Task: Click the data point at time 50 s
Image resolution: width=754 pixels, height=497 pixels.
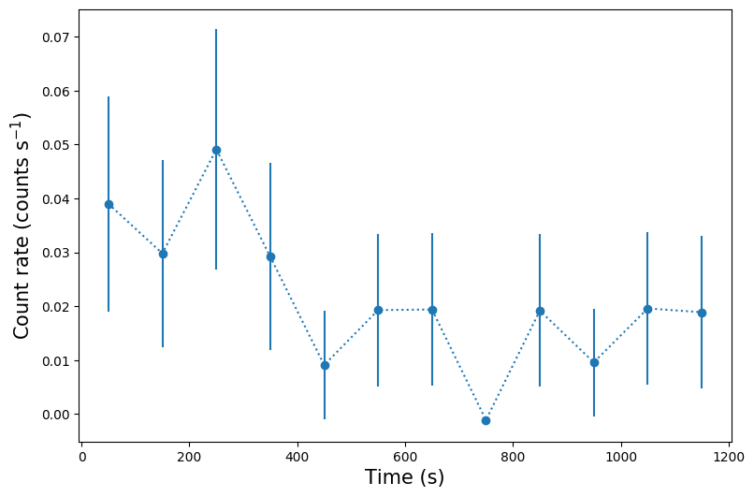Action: click(x=109, y=204)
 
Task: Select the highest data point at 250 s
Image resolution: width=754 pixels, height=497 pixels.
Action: click(x=216, y=150)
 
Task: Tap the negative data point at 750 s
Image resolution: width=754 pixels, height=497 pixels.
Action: click(x=486, y=420)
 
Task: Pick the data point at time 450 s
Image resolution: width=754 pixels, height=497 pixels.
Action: click(x=325, y=365)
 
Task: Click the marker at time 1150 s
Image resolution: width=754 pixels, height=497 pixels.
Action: click(x=702, y=313)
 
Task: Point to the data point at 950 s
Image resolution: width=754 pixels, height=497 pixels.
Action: click(x=594, y=362)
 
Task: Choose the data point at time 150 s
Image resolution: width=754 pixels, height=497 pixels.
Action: click(x=163, y=254)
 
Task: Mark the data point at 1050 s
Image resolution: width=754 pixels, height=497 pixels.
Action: click(x=647, y=309)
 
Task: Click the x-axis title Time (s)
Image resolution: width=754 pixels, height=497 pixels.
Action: click(x=404, y=477)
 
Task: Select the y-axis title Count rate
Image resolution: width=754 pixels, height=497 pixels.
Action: click(x=22, y=225)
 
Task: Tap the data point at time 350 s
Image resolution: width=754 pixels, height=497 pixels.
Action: click(x=270, y=256)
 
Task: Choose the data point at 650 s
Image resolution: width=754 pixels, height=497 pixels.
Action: click(x=432, y=310)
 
